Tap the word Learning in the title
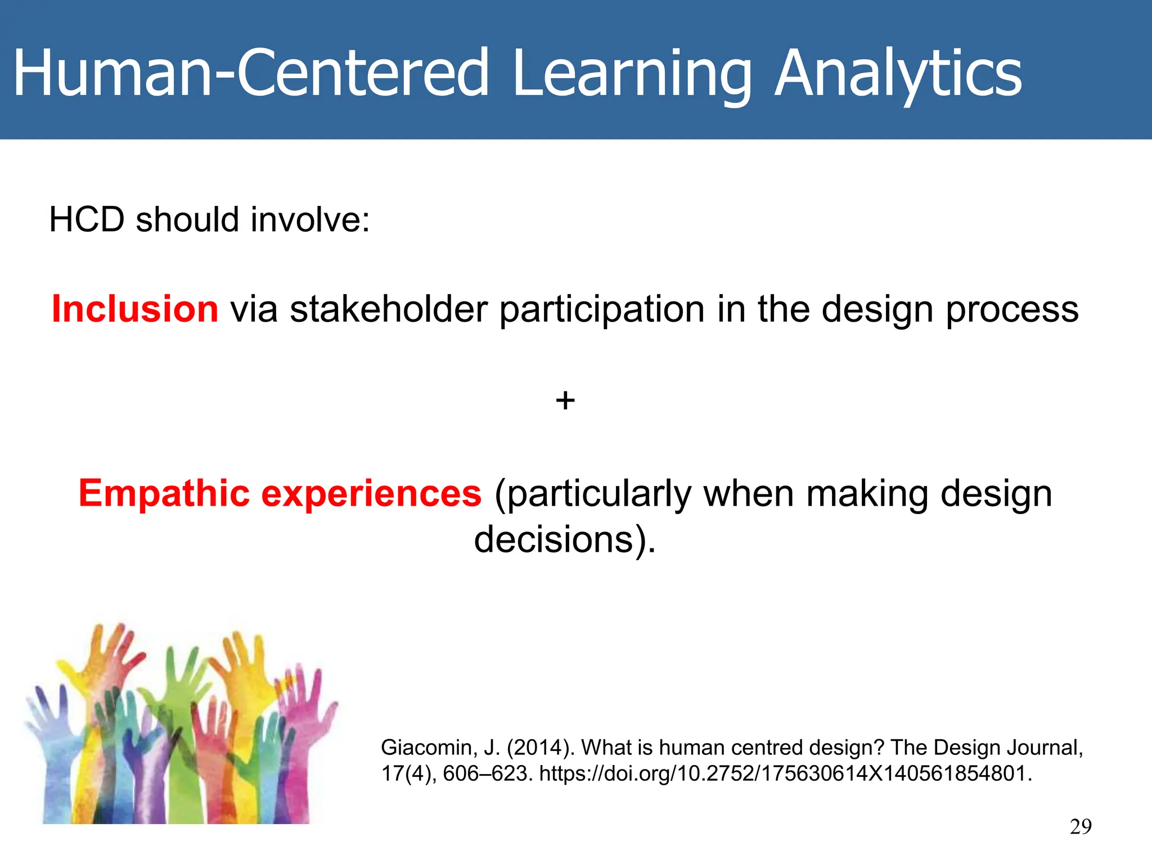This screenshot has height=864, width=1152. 633,73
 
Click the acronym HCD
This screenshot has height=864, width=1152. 87,219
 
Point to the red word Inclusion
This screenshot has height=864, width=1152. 135,309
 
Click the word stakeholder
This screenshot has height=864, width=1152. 389,309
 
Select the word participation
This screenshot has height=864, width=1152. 602,309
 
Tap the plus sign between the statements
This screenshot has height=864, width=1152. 565,401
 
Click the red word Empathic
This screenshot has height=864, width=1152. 164,493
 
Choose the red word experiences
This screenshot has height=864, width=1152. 371,493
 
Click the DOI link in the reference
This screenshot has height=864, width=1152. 785,773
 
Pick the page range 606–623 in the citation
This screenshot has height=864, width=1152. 486,773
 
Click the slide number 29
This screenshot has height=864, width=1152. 1081,826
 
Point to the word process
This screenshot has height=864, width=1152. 1012,309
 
